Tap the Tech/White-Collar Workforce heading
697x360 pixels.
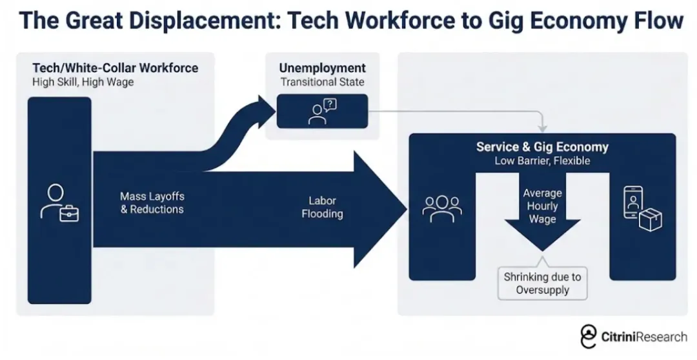116,68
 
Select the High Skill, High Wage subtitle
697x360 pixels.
83,82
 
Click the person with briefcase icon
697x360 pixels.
59,203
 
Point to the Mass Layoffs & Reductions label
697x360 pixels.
152,203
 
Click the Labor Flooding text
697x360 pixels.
322,207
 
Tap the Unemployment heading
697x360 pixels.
322,68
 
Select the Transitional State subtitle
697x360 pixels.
322,82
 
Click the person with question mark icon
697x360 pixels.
322,111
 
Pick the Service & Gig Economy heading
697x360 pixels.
542,146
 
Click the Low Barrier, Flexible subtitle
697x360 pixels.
542,161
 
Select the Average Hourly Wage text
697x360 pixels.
542,206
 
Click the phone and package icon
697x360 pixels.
641,208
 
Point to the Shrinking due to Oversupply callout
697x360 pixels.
542,284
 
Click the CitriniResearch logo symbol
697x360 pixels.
588,337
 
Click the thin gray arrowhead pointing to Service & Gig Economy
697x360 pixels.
542,128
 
